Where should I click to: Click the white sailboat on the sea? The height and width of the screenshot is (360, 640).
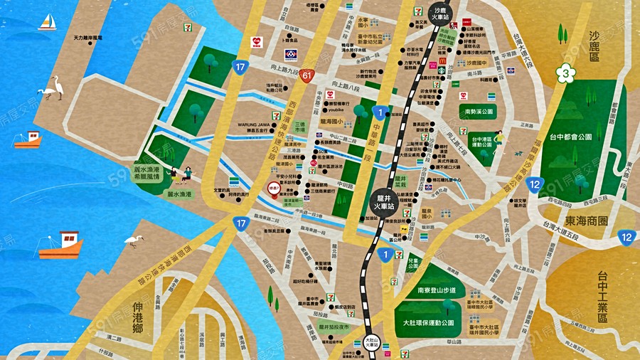coord(48,23)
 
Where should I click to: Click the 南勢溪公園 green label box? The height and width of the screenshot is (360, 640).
coord(479,112)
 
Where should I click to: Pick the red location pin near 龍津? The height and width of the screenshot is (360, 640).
coord(274,188)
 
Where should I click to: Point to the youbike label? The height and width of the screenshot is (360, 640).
coord(335,110)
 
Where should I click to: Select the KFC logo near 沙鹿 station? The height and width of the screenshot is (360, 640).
coord(466,23)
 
